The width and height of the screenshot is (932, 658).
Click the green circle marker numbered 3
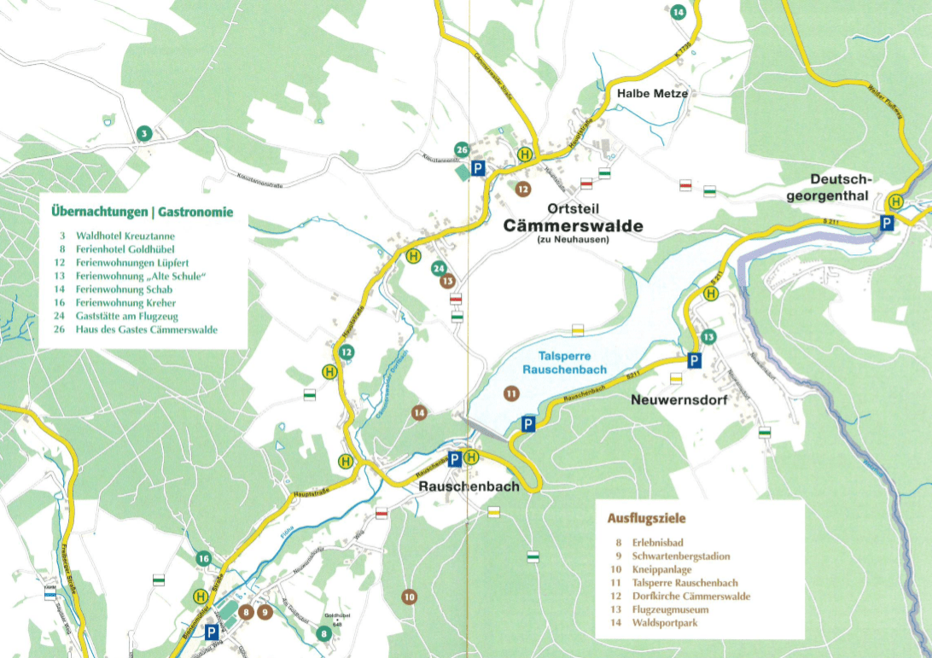click(x=145, y=133)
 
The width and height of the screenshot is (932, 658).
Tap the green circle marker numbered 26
click(x=462, y=150)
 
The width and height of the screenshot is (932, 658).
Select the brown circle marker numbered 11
click(x=510, y=393)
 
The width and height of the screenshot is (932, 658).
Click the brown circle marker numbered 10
click(x=409, y=597)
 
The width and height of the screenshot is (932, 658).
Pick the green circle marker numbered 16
click(x=203, y=559)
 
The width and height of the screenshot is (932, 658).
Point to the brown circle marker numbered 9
click(x=265, y=611)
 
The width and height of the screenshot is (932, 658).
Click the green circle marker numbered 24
click(x=439, y=268)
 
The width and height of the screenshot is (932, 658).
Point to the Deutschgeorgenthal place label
click(x=842, y=187)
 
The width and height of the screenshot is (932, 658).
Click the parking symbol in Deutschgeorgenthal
click(x=888, y=223)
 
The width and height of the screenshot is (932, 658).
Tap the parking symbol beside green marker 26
click(x=478, y=168)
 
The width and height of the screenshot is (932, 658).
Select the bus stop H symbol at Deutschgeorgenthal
click(x=895, y=202)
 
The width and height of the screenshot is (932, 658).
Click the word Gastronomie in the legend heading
click(x=195, y=212)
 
